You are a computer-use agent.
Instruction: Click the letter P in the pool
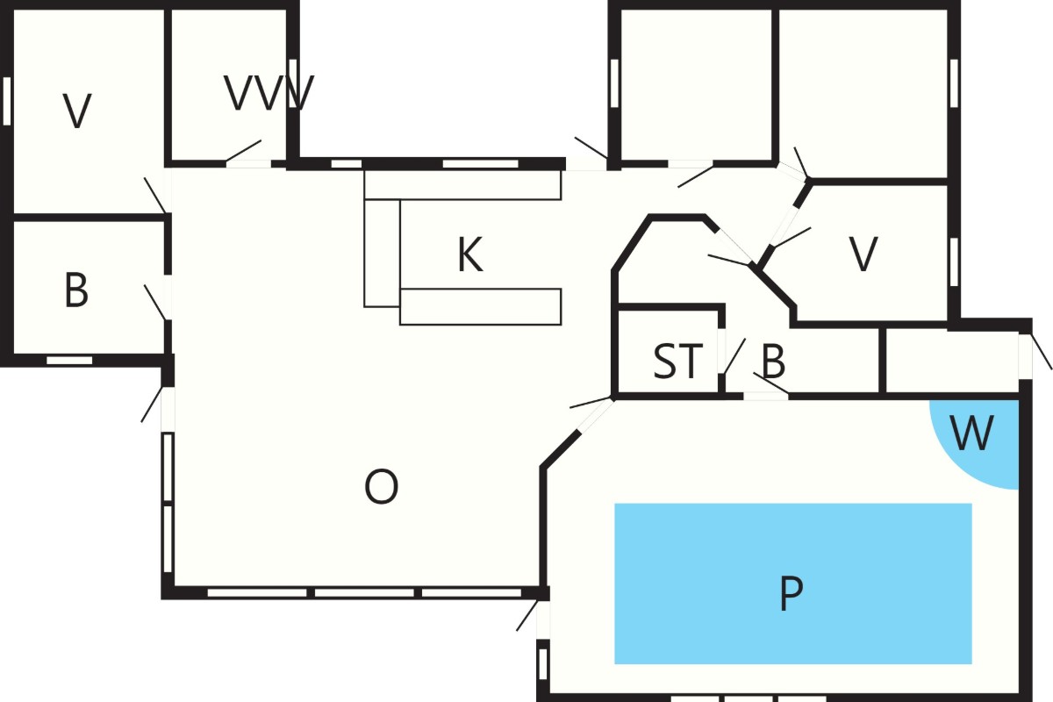pos(792,593)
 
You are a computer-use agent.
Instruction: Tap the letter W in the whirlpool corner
pos(971,433)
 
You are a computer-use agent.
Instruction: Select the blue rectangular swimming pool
pos(793,584)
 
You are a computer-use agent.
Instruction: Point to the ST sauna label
pos(677,362)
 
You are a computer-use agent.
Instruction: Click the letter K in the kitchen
pos(470,254)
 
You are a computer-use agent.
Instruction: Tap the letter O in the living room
pos(381,486)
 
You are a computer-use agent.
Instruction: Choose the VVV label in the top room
pos(269,93)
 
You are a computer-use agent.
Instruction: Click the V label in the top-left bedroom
pos(77,111)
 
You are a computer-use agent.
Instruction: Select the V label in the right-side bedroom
pos(863,254)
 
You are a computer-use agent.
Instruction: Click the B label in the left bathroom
pos(76,290)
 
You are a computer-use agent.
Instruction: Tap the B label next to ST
pos(773,362)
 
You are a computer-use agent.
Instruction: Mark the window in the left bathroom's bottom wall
pos(69,360)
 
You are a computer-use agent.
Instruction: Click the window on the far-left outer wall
pos(7,101)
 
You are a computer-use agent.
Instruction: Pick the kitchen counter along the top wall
pos(462,185)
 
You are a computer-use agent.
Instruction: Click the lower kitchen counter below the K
pos(481,306)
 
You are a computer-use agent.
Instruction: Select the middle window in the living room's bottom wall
pos(364,592)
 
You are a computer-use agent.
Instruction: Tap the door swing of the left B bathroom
pos(155,303)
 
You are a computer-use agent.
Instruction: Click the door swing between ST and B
pos(734,356)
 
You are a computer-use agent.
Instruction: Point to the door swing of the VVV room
pos(244,151)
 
